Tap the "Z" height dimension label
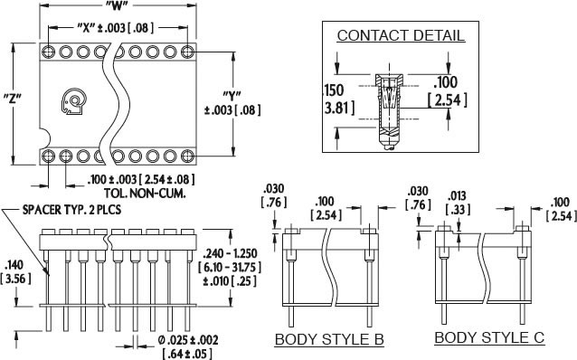tap(12, 99)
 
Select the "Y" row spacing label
tap(232, 95)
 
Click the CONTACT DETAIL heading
tap(401, 35)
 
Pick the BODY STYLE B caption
tap(329, 339)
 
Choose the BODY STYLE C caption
tap(489, 337)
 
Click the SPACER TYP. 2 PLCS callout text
tap(71, 210)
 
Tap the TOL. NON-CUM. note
tap(145, 194)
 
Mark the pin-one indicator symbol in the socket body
tap(73, 101)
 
